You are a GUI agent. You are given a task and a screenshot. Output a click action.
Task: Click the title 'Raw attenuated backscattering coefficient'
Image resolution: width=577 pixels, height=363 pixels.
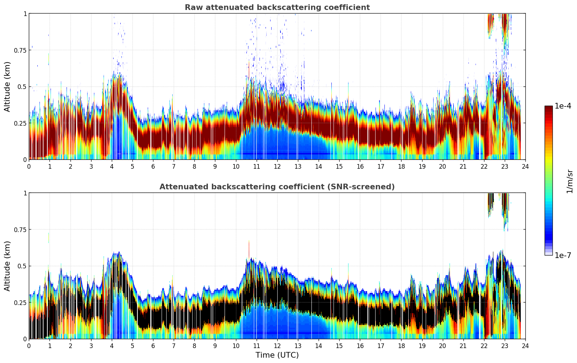(277, 7)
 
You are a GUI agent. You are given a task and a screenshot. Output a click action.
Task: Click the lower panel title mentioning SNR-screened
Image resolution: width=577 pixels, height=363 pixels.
(277, 187)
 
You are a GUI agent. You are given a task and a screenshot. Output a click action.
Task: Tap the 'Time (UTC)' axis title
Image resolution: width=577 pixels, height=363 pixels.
(277, 355)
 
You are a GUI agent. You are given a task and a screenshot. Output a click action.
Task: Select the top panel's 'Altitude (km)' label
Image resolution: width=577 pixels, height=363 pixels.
(7, 86)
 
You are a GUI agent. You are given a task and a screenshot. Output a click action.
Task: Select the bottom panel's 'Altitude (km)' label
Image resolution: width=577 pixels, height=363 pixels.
(7, 266)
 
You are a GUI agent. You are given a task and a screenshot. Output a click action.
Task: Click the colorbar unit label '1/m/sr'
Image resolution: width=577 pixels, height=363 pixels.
(570, 181)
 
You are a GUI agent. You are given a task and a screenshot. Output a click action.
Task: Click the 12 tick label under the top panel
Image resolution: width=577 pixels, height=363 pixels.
(277, 166)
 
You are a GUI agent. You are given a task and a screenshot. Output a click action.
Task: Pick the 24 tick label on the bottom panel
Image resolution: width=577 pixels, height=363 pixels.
(525, 346)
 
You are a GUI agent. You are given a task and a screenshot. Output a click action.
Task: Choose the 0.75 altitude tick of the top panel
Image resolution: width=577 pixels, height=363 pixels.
(20, 50)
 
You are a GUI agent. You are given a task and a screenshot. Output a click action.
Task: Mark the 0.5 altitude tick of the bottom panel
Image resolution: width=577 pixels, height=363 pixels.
(22, 266)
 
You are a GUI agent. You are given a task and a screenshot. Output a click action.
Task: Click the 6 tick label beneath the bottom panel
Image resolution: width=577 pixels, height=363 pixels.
(153, 346)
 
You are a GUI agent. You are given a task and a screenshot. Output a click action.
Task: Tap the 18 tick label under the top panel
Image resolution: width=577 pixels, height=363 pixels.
(401, 166)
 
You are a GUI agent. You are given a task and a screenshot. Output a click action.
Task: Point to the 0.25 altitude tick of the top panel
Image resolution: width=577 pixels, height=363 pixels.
(20, 123)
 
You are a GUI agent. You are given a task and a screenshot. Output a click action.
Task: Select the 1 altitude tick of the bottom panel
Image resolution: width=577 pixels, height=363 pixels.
(25, 193)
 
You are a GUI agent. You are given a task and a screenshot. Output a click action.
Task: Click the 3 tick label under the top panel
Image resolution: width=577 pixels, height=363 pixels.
(91, 166)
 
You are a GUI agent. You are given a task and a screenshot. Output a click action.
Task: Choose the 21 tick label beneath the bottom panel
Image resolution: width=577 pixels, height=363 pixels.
(463, 346)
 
